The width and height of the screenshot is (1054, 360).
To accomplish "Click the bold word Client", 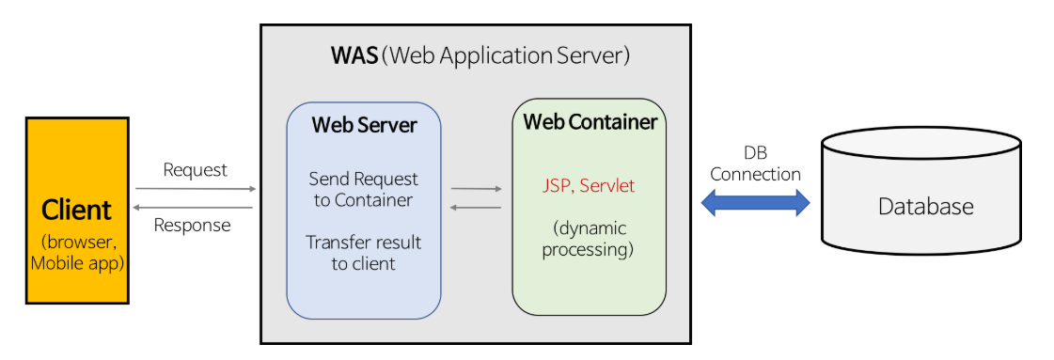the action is [77, 211].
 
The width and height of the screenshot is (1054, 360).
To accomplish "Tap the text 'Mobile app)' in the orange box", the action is [77, 262].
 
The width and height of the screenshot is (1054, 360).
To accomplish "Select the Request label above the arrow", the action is [196, 170].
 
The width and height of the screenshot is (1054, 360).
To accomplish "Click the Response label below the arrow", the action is [192, 225].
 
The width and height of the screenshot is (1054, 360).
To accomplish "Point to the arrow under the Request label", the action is [197, 190].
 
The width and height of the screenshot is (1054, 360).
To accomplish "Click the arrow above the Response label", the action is [193, 208].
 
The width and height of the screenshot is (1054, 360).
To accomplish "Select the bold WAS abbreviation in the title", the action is [354, 55].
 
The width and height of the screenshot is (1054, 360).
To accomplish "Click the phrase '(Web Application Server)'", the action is [506, 55].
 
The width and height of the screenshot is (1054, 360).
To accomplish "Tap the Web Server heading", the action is [364, 125].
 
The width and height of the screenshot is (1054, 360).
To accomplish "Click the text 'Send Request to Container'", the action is [364, 190].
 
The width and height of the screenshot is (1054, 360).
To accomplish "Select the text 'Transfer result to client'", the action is [364, 252].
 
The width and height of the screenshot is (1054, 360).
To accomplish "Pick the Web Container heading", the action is [590, 122].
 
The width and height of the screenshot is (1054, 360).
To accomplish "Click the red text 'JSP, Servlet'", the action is [589, 185].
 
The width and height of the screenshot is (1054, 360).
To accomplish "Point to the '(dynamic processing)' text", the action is [589, 239].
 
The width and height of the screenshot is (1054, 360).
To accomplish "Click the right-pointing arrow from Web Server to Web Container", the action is [477, 190].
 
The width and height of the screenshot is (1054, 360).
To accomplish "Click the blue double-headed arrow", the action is [756, 202].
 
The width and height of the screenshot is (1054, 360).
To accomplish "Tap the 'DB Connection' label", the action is [756, 164].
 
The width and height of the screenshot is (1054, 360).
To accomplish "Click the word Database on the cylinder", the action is [925, 206].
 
